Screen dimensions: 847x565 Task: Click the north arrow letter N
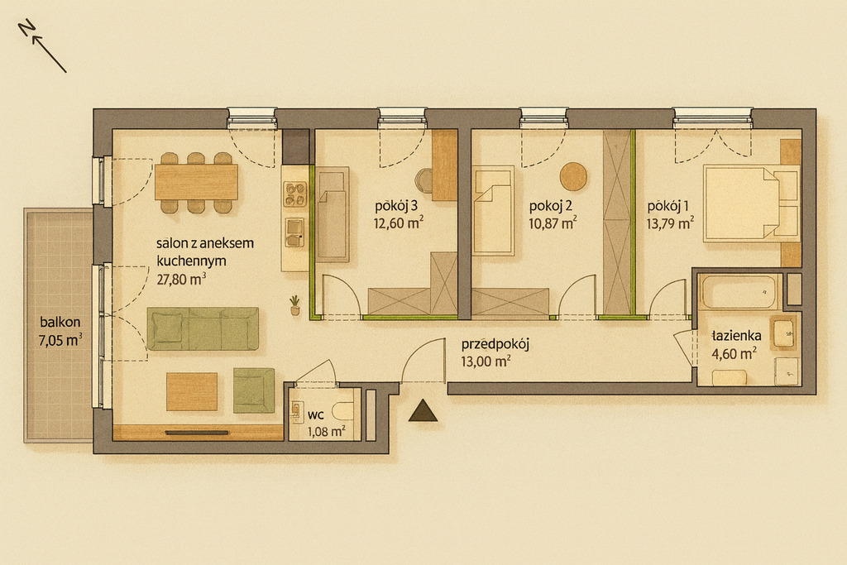pos(26,27)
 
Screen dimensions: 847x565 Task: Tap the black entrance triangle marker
pos(423,411)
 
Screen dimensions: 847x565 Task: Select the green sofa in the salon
pos(203,328)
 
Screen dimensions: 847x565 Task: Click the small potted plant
pos(295,305)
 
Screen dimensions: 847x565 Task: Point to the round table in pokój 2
pos(573,177)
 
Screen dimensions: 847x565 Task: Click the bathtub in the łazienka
pos(739,292)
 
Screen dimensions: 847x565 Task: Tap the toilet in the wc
pos(343,411)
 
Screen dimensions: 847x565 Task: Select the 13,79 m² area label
pos(670,223)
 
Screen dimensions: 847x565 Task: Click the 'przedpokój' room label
pos(495,344)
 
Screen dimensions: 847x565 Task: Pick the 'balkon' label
pos(60,322)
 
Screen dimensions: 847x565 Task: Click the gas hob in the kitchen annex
pos(295,194)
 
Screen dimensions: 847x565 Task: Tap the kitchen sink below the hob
pos(295,232)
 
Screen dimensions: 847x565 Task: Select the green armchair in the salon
pos(254,390)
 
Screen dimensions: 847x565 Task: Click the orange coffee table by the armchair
pos(192,391)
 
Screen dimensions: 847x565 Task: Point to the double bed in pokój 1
pos(751,203)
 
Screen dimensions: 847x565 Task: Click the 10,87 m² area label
pos(552,223)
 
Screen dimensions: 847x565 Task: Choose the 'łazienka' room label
pos(736,335)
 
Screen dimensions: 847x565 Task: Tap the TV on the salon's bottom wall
pos(197,433)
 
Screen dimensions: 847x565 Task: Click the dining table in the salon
pos(196,182)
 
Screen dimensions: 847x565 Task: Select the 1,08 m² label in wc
pos(326,431)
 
